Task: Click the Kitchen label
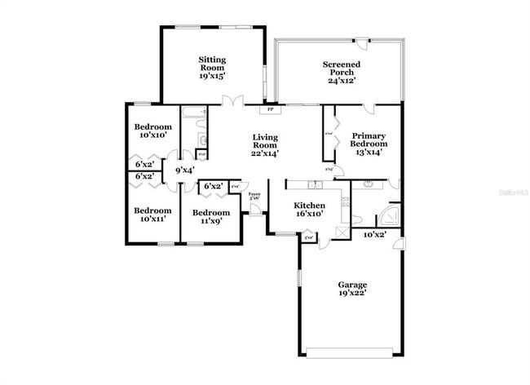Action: coord(310,210)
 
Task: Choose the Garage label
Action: coord(352,289)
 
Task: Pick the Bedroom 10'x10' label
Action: coord(152,131)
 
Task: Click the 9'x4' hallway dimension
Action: coord(185,170)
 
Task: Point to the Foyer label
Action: coord(254,196)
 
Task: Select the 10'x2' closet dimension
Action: coord(374,234)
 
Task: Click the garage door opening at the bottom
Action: coord(352,352)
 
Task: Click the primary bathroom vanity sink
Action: coord(369,185)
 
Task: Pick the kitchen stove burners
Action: coord(346,204)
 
